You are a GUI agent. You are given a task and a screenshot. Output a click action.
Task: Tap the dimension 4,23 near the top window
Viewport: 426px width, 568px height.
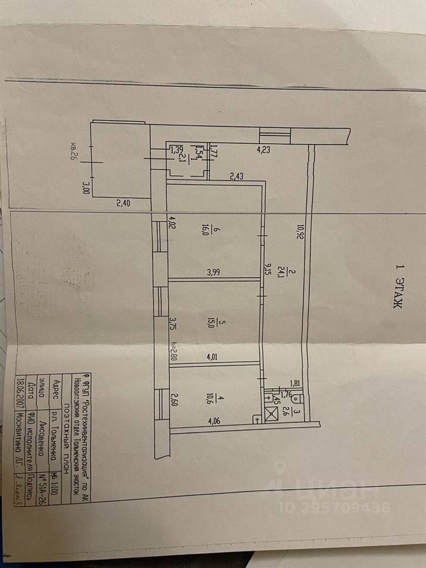point(263,150)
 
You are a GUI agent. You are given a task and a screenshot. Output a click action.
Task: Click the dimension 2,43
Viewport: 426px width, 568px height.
point(237,176)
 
